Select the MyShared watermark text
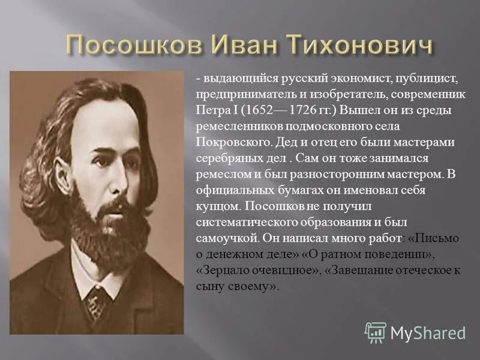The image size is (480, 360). pos(428,333)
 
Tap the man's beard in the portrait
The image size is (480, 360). pos(108,228)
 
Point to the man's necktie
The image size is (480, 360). pos(96,300)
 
